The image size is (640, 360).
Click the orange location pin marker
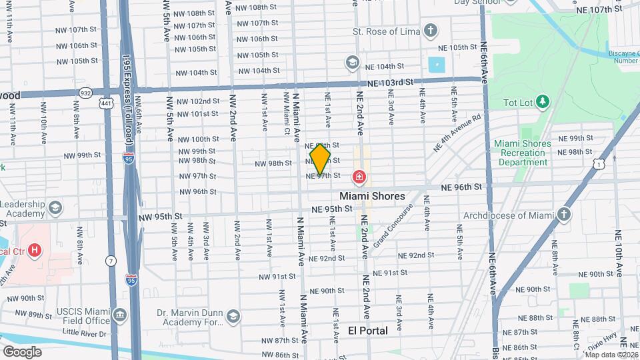click(320, 159)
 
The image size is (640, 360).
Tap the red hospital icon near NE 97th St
click(359, 177)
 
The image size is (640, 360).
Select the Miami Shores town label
click(372, 196)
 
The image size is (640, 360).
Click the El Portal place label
click(368, 331)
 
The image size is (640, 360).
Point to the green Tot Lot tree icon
click(544, 101)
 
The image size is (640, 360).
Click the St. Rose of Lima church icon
click(431, 31)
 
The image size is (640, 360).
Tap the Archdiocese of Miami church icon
click(565, 215)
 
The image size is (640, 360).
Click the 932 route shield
click(85, 93)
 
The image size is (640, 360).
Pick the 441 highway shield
click(106, 103)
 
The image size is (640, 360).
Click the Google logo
click(22, 351)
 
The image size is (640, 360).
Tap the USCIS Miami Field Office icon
click(119, 315)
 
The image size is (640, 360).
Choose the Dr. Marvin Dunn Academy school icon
click(233, 315)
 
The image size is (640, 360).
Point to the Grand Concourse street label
click(394, 229)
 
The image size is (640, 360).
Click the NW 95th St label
click(160, 217)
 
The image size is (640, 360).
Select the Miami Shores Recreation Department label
click(523, 153)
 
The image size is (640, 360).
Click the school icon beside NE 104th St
click(351, 62)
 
